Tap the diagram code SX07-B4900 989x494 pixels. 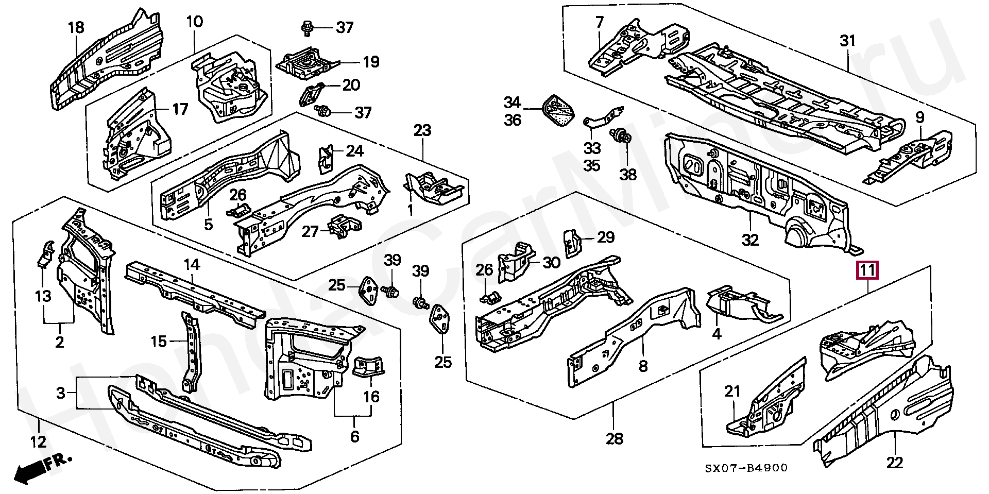point(746,468)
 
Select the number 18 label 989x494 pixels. point(76,27)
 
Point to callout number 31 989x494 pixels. point(847,40)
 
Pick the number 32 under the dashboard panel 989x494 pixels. point(751,240)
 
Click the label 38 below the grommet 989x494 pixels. point(628,174)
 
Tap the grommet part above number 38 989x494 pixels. point(622,137)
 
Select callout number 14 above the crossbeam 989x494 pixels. point(191,265)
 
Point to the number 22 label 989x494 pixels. point(895,463)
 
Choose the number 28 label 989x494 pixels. point(615,438)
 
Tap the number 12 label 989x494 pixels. point(39,441)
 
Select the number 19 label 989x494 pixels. point(370,62)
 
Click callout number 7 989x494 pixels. point(600,22)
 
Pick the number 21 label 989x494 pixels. point(732,392)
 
